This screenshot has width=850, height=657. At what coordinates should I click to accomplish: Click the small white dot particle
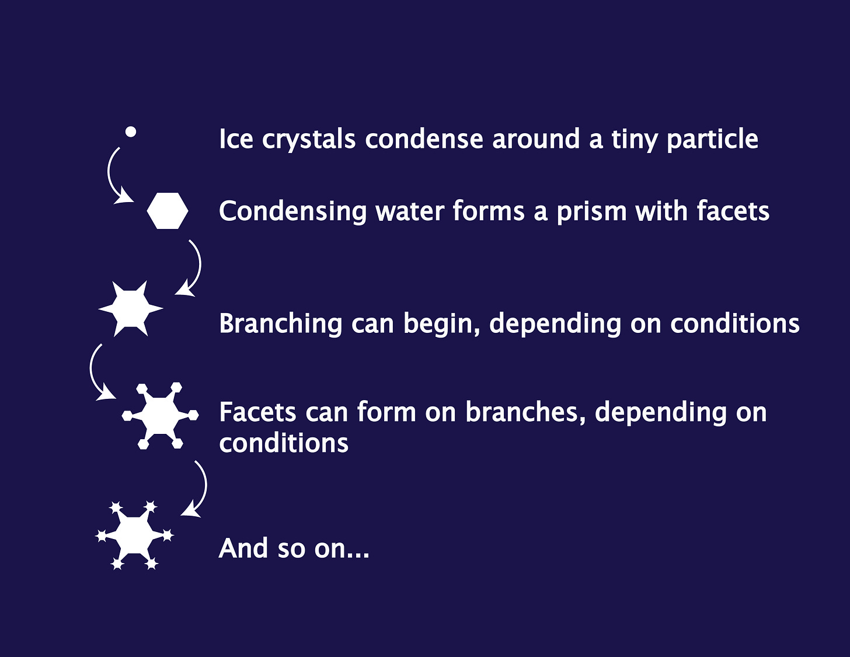(x=131, y=132)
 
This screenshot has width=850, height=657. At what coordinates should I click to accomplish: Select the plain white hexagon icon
(x=168, y=211)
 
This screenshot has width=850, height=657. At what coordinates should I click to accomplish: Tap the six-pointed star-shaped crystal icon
(x=131, y=308)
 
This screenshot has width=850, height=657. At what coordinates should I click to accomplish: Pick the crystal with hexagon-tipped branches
(x=161, y=415)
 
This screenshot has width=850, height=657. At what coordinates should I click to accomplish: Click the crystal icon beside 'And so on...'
(x=135, y=535)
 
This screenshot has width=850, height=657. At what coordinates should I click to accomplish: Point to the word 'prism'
(x=591, y=211)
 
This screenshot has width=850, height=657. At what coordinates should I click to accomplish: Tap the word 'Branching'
(x=280, y=324)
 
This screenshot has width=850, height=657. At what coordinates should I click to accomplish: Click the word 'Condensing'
(x=292, y=211)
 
